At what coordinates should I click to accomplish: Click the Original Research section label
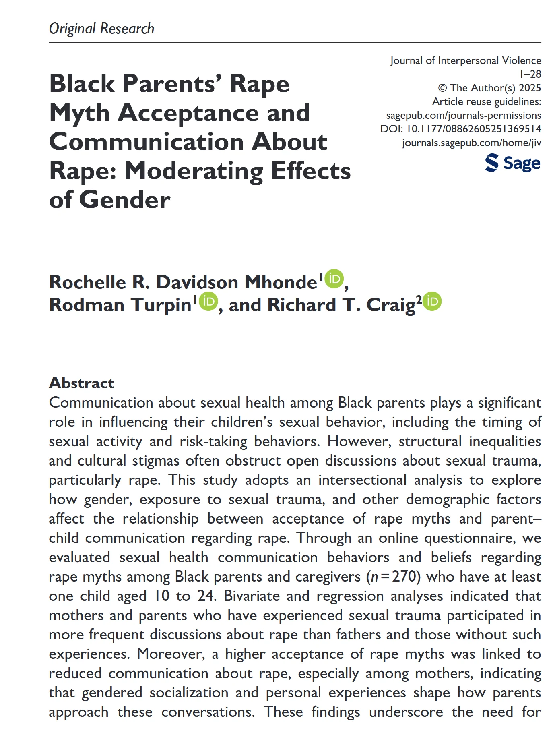click(x=101, y=29)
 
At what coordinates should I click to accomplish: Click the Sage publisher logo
click(x=513, y=163)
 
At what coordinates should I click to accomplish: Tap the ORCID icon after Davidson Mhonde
click(x=334, y=279)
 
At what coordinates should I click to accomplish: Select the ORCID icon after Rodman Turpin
click(x=208, y=301)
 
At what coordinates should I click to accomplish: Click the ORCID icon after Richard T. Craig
click(x=432, y=301)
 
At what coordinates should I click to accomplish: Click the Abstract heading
click(x=82, y=383)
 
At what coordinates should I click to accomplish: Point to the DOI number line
click(x=461, y=129)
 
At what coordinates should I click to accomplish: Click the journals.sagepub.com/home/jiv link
click(x=471, y=143)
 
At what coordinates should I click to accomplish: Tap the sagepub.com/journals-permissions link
click(x=463, y=115)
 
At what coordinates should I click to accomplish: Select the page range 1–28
click(x=530, y=74)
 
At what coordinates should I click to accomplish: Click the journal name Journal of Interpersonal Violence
click(x=465, y=60)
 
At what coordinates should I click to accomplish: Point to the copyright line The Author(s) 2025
click(x=489, y=88)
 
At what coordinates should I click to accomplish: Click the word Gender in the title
click(x=125, y=200)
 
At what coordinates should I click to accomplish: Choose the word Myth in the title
click(x=79, y=113)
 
